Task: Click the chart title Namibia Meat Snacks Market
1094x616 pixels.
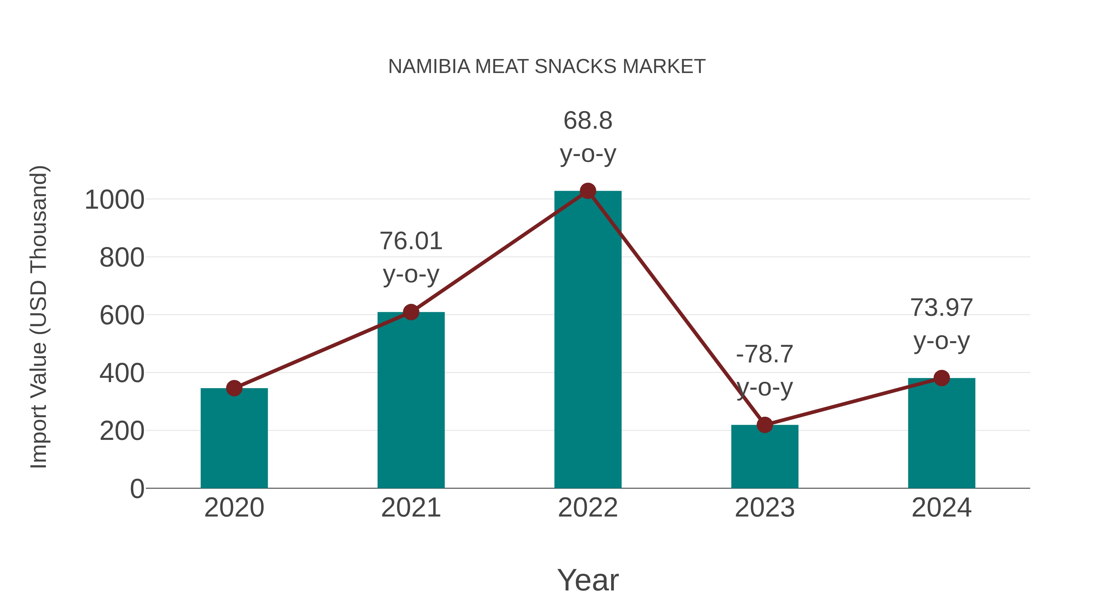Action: tap(547, 67)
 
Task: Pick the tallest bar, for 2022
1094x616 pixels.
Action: tap(587, 340)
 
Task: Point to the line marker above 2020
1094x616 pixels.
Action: tap(234, 388)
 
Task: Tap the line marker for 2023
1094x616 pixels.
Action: tap(765, 425)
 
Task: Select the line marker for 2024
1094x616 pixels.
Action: tap(941, 378)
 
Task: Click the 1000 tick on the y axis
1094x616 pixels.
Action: tap(114, 200)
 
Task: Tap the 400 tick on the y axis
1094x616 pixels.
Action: tap(122, 373)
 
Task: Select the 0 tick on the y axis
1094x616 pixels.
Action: tap(137, 489)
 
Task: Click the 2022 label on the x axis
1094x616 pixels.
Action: tap(587, 508)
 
